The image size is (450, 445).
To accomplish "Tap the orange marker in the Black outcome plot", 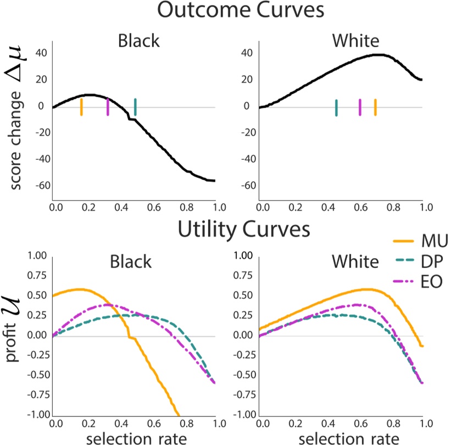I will (x=81, y=107).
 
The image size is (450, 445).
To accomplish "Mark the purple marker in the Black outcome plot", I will (x=108, y=107).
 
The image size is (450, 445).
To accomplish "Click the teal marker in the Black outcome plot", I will (x=135, y=107).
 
